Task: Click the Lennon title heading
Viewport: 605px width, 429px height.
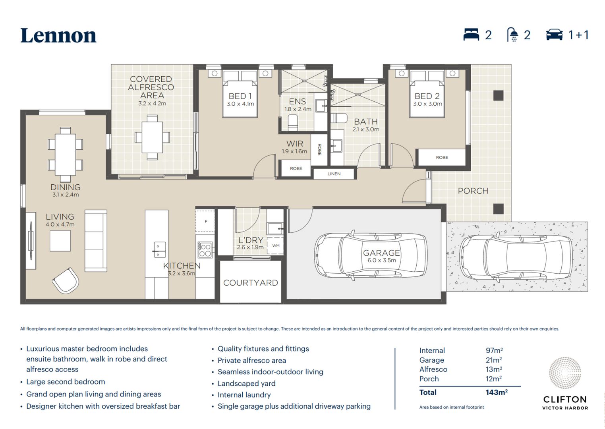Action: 58,36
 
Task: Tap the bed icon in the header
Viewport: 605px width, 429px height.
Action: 471,35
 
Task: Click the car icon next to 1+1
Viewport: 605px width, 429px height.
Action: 554,35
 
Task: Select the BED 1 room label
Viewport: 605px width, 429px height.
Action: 240,96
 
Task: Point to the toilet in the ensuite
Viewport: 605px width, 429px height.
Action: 293,122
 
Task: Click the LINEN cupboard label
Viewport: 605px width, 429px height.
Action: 334,174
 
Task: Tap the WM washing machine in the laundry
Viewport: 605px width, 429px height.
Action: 276,245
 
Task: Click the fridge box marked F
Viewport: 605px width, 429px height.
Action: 205,221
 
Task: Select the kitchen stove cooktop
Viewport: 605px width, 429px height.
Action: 205,250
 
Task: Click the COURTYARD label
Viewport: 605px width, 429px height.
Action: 251,282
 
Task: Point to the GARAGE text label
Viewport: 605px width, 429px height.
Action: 381,253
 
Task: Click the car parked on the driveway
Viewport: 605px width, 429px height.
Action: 516,256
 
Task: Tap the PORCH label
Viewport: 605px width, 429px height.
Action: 473,191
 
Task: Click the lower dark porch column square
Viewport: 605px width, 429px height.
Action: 498,209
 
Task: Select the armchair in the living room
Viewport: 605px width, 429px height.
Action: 66,281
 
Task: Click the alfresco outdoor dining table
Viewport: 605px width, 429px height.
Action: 152,137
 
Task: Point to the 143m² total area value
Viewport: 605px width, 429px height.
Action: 497,392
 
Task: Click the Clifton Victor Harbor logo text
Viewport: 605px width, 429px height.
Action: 565,402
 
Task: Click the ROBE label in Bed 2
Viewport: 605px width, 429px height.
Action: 442,157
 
